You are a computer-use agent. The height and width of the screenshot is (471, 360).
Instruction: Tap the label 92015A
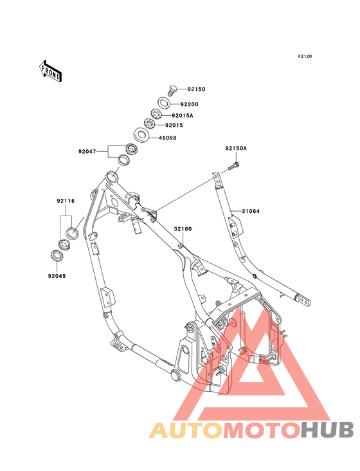(x=183, y=116)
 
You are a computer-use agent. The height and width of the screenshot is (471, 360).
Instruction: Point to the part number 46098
(x=167, y=138)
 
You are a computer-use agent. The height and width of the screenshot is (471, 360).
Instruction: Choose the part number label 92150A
(x=236, y=149)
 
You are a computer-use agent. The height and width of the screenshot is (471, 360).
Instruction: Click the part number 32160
(x=182, y=228)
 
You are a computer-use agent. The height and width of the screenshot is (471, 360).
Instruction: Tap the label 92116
(x=66, y=201)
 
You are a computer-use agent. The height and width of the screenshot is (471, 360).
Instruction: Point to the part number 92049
(x=55, y=276)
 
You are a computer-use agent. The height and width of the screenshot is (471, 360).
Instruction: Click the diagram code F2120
(x=304, y=57)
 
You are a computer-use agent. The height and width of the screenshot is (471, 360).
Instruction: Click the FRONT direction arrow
(x=51, y=69)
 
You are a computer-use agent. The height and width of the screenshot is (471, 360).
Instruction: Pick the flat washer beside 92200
(x=164, y=102)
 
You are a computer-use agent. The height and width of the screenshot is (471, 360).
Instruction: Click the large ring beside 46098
(x=142, y=135)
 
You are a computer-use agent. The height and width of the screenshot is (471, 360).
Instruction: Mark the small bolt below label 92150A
(x=232, y=169)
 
